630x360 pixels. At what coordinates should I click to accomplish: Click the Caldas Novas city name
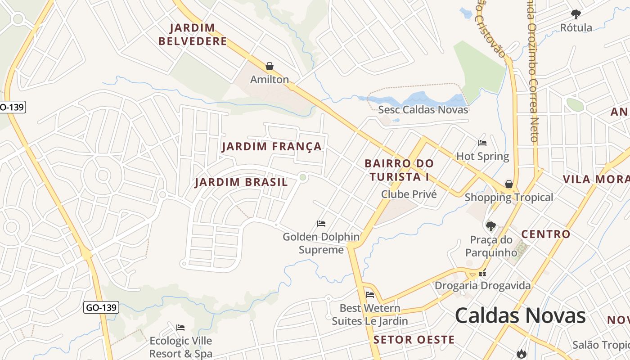click(520, 315)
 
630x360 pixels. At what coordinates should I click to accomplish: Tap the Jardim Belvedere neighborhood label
click(193, 35)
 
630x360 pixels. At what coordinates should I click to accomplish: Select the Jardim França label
click(272, 147)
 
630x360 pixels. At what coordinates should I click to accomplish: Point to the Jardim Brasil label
click(241, 182)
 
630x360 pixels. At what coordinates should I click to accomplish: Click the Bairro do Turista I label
click(399, 170)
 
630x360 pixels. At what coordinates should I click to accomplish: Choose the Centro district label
click(545, 234)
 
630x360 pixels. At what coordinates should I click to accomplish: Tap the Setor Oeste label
click(414, 340)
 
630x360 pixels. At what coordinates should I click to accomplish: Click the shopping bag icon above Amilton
click(270, 67)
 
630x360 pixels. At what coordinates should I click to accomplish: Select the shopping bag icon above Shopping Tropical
click(508, 184)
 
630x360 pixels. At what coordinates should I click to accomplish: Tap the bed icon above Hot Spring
click(482, 143)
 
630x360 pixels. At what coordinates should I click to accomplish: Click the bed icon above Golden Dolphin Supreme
click(321, 223)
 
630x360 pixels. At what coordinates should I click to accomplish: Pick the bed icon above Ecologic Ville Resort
click(180, 327)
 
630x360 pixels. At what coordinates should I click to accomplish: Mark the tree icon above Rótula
click(576, 14)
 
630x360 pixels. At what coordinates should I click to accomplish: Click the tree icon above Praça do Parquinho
click(491, 226)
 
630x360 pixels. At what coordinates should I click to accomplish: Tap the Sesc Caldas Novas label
click(423, 110)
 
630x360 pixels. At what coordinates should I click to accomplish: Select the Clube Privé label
click(409, 194)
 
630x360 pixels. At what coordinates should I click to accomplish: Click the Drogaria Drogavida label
click(482, 286)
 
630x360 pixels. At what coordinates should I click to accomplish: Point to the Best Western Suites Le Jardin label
click(370, 315)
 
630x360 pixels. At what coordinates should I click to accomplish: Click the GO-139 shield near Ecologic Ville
click(101, 308)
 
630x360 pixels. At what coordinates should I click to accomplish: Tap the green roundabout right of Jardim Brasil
click(303, 177)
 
